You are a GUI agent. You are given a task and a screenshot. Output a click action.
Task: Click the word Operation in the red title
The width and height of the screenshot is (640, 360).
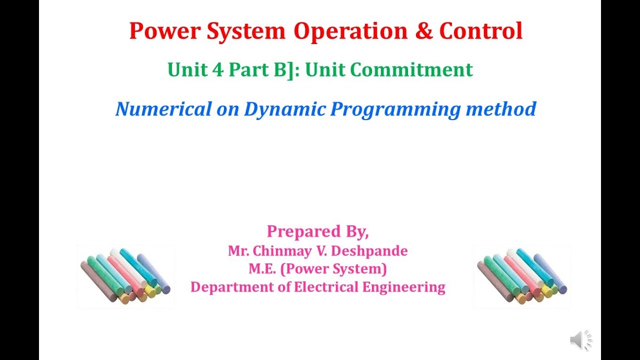350,31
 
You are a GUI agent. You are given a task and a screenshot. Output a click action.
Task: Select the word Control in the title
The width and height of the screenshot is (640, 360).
481,31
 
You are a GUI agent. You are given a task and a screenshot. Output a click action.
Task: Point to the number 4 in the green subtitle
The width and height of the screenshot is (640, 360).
217,70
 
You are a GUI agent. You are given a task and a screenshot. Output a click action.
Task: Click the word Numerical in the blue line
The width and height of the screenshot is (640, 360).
163,109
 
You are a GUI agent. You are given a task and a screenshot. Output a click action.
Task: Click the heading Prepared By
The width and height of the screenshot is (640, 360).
317,231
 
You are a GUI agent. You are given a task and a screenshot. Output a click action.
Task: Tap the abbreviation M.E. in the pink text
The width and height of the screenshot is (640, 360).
262,269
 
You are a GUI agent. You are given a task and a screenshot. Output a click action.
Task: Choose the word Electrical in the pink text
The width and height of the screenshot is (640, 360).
326,287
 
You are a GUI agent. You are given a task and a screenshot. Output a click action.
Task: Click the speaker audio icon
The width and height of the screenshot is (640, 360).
580,340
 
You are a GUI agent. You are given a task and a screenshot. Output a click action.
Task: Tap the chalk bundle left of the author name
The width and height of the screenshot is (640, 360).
125,276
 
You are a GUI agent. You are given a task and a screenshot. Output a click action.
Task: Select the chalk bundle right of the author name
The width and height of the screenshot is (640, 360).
522,276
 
